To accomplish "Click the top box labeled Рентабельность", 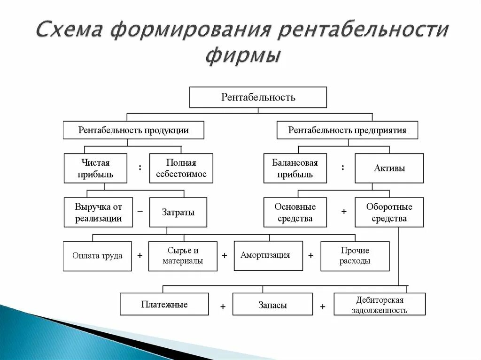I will click(x=258, y=97).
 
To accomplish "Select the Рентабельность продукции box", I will click(x=133, y=130).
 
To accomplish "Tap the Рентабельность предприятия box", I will click(x=347, y=130).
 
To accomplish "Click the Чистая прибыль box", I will click(x=95, y=168).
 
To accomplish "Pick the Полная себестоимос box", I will click(x=181, y=168).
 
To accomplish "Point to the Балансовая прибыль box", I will click(x=295, y=168).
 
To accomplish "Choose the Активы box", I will click(x=389, y=168).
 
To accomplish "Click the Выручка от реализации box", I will click(x=98, y=212).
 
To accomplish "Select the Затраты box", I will click(x=178, y=212).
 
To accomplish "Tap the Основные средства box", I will click(x=295, y=212).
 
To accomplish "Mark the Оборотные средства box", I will click(x=389, y=212).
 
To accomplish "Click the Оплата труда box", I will click(x=97, y=256).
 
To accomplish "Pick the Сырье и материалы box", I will click(x=183, y=256).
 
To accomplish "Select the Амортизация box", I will click(x=268, y=255).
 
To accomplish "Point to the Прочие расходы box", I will click(x=355, y=256).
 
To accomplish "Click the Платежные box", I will click(x=164, y=304).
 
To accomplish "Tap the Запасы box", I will click(x=272, y=304).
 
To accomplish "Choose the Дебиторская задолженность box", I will click(x=380, y=304).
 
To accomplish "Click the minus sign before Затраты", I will click(x=140, y=212).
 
